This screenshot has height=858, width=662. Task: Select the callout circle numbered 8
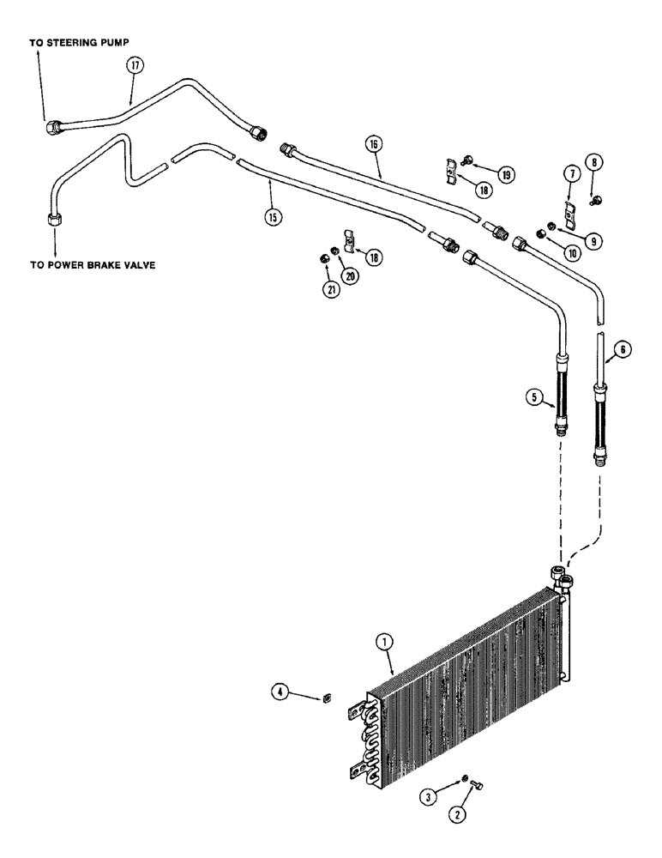[x=594, y=160]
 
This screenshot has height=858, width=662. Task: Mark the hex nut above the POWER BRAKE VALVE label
[x=49, y=219]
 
